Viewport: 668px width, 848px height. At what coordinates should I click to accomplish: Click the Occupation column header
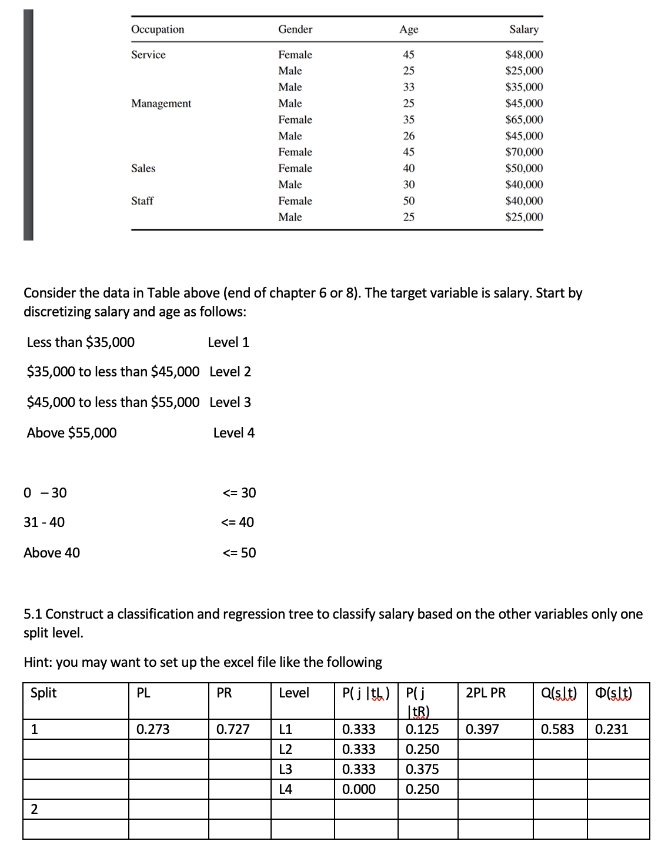[158, 29]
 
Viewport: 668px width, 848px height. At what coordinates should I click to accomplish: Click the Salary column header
[523, 29]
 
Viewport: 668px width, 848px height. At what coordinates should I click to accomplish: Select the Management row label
[161, 104]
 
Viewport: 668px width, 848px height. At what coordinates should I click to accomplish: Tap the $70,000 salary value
[524, 152]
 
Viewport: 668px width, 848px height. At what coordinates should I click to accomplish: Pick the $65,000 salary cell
[524, 120]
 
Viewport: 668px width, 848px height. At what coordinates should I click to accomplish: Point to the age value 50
[409, 201]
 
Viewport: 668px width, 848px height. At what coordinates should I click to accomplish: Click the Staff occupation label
[142, 201]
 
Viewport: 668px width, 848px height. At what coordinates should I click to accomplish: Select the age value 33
[409, 87]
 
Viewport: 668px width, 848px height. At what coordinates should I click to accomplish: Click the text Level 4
[234, 433]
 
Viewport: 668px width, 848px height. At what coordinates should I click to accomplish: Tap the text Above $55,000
[72, 433]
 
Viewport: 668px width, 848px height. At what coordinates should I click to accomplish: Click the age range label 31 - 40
[44, 522]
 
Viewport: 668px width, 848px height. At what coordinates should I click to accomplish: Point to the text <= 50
[239, 553]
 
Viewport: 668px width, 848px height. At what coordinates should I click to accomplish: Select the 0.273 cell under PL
[153, 729]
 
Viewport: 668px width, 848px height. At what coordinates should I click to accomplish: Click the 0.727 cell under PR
[233, 729]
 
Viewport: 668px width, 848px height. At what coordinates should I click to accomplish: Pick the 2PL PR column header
[486, 693]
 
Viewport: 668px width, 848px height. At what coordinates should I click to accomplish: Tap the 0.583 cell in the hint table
[557, 729]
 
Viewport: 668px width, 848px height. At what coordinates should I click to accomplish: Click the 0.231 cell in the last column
[612, 729]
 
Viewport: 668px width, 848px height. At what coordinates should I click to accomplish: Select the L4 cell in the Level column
[286, 789]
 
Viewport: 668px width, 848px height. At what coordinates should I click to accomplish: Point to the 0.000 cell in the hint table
[359, 789]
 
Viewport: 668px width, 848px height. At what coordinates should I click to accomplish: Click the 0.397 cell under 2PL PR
[482, 729]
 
